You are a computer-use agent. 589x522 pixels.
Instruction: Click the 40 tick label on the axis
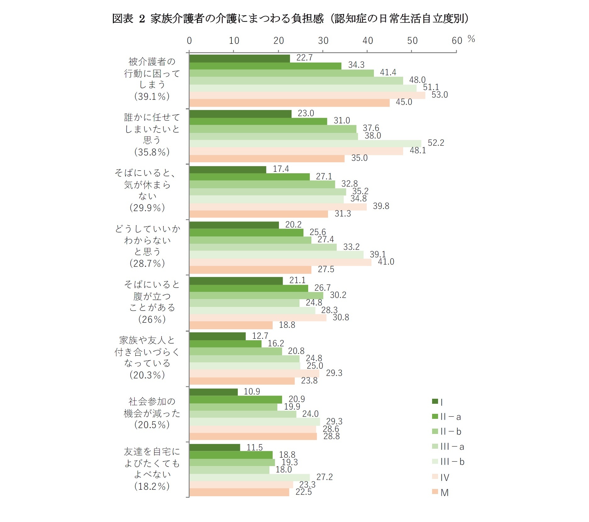tap(367, 41)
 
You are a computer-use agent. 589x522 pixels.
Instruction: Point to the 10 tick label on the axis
tap(234, 41)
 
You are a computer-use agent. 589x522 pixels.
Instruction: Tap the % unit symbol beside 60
tap(471, 39)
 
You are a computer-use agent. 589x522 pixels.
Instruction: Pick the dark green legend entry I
tap(437, 402)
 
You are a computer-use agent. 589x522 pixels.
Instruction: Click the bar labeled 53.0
tap(307, 95)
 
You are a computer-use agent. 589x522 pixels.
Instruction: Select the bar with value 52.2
tap(305, 144)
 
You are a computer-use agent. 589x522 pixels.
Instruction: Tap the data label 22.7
tap(304, 58)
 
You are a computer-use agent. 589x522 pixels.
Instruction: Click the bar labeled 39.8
tap(278, 207)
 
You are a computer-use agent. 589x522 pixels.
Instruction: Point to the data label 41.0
tap(386, 262)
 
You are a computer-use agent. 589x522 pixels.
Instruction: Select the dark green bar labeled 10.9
tap(214, 392)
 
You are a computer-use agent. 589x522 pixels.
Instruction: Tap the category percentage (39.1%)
tap(152, 96)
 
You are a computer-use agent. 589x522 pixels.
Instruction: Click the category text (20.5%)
tap(152, 425)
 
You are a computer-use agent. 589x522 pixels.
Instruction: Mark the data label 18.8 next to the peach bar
tap(287, 325)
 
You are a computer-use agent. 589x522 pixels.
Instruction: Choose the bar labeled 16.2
tap(225, 344)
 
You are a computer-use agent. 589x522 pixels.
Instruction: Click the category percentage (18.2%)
tap(152, 486)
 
